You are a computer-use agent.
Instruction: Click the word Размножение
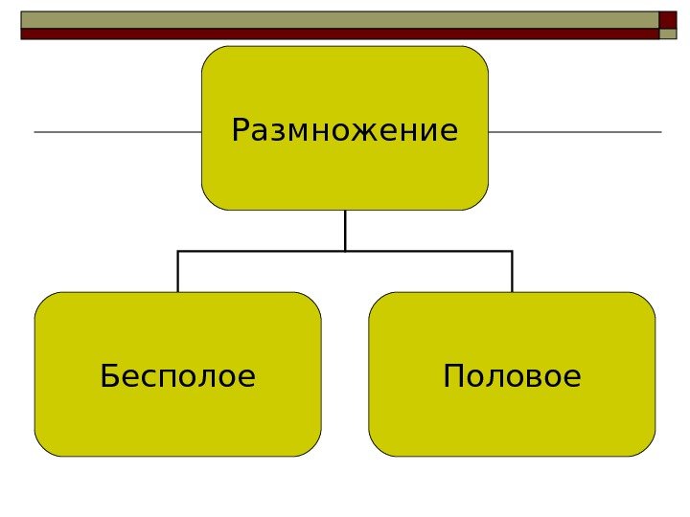(345, 129)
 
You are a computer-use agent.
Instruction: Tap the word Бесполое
(178, 376)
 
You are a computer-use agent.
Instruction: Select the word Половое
(513, 376)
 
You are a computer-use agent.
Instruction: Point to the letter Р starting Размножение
(240, 129)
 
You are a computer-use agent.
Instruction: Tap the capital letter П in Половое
(453, 376)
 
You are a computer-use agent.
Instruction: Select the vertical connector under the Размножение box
(345, 230)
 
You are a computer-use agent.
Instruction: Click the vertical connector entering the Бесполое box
(178, 272)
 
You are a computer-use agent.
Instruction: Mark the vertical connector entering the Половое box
(513, 272)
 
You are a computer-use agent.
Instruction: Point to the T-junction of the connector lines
(345, 251)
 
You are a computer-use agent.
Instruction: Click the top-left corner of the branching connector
(178, 251)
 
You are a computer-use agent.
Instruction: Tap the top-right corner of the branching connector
(513, 251)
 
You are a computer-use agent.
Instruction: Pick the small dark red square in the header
(668, 20)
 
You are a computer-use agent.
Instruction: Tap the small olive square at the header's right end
(668, 34)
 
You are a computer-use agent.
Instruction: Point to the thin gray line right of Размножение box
(575, 131)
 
